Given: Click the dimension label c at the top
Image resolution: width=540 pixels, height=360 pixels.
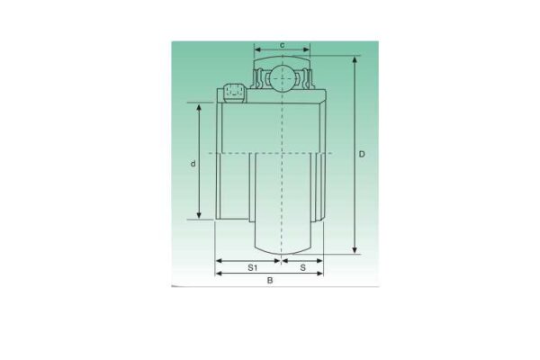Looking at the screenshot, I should [x=283, y=44].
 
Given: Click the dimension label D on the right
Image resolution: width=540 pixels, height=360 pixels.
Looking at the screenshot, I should [x=362, y=154].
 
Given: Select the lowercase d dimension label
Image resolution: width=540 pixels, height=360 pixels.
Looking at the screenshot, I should [x=193, y=163].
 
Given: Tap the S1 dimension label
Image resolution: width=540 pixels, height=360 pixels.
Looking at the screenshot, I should [x=253, y=267].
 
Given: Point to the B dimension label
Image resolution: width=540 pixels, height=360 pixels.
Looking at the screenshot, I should [x=269, y=281].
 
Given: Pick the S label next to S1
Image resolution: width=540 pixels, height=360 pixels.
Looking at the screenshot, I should [x=302, y=267].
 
